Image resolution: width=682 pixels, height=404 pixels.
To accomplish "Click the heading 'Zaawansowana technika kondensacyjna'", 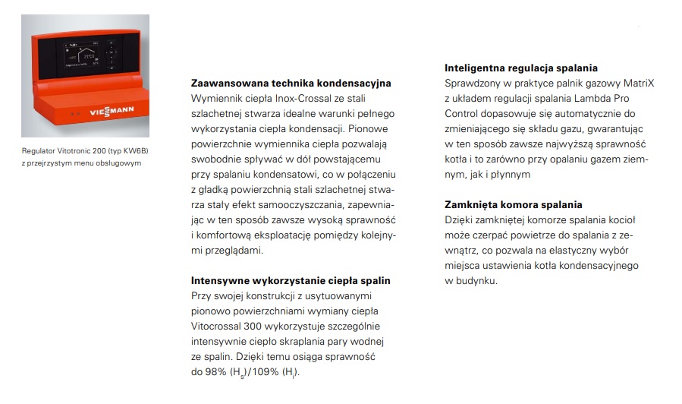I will coord(291,83).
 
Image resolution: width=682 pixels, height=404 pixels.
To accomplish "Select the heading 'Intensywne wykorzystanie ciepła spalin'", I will coord(291,280).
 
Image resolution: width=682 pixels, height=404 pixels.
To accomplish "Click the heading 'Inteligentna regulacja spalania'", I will coord(521,68).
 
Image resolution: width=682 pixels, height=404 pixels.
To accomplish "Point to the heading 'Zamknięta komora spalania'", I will coord(513,204).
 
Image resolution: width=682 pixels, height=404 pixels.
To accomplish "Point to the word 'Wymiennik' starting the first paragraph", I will coord(215,99).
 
